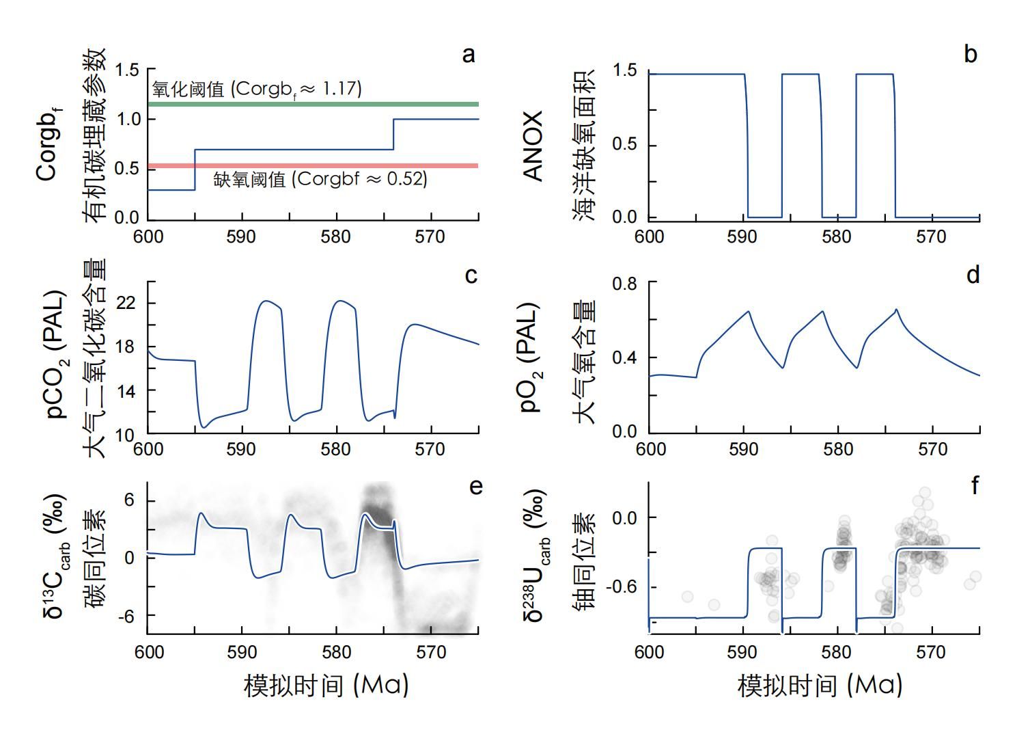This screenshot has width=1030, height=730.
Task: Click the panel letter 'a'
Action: point(469,55)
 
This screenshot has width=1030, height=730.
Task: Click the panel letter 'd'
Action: point(973,274)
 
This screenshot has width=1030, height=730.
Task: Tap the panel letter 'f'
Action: point(974,485)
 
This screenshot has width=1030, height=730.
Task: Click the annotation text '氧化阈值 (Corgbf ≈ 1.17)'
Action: point(257,89)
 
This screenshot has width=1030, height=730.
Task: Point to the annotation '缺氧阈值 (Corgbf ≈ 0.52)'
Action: point(320,180)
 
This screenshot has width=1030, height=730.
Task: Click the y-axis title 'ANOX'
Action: point(533,145)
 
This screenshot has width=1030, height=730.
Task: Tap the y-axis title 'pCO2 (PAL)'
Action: point(55,355)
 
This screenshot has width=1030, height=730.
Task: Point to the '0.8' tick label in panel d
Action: point(624,282)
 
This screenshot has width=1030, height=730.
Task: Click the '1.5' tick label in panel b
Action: point(624,70)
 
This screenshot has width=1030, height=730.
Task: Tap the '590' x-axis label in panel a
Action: point(241,237)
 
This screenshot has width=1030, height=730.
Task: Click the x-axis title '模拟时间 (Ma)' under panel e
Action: point(326,685)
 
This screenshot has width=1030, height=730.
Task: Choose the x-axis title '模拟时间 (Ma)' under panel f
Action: point(820,685)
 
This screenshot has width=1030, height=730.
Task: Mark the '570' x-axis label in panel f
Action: point(932,653)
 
